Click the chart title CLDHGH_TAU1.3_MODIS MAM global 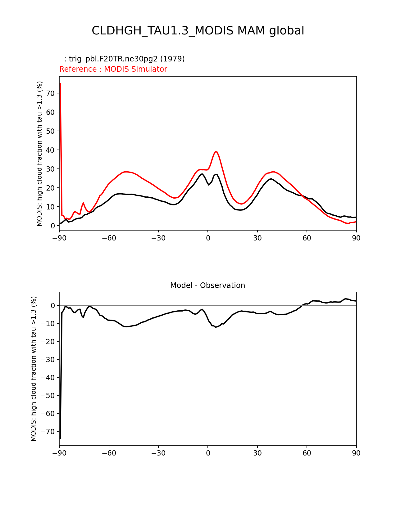pyautogui.click(x=198, y=31)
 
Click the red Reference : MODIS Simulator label pyautogui.click(x=113, y=69)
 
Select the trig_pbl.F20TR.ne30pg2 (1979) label pyautogui.click(x=124, y=59)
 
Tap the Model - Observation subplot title pyautogui.click(x=207, y=285)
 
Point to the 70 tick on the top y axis pyautogui.click(x=51, y=93)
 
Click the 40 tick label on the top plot pyautogui.click(x=51, y=150)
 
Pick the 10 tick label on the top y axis pyautogui.click(x=51, y=207)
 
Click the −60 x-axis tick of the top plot pyautogui.click(x=109, y=238)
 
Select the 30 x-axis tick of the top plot pyautogui.click(x=257, y=238)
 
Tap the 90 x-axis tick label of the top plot pyautogui.click(x=356, y=238)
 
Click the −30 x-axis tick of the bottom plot pyautogui.click(x=158, y=453)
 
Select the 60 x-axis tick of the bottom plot pyautogui.click(x=307, y=453)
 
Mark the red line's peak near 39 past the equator pyautogui.click(x=216, y=152)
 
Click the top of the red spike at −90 pyautogui.click(x=60, y=83)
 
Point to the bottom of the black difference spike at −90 pyautogui.click(x=60, y=438)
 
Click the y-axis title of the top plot pyautogui.click(x=39, y=154)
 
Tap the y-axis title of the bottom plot pyautogui.click(x=34, y=369)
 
